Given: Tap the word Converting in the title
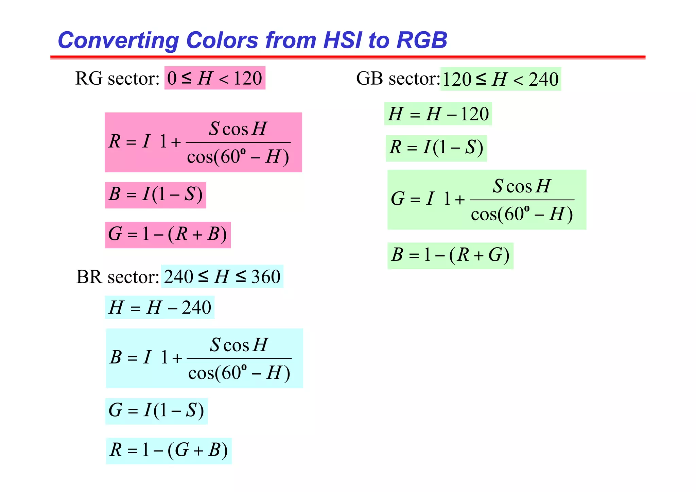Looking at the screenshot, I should pos(118,40).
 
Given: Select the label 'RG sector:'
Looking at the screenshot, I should pos(118,79).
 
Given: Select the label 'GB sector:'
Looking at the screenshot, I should pos(398,79).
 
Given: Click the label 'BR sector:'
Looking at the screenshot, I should pos(118,277).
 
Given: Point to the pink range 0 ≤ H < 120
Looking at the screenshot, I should pos(215,78).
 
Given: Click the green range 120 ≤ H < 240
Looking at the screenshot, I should pos(501,79).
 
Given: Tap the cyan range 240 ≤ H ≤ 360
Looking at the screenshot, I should pos(222,276).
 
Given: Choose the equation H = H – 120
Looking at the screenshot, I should pos(438,114).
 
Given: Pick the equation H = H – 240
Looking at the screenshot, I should pos(160,308).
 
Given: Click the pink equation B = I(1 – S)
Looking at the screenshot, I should pos(155,195).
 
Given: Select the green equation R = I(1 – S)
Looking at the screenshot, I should pos(436,148).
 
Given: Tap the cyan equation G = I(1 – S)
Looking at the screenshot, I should pos(156,411).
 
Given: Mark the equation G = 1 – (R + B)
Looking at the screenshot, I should pos(168,235).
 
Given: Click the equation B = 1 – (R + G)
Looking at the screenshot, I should pos(450,256).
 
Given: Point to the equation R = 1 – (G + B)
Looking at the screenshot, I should pos(169,451).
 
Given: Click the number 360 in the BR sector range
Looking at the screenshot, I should pos(266,277).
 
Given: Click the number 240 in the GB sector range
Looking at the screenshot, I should pos(543,80).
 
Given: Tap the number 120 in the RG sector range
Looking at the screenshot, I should pos(248,78).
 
